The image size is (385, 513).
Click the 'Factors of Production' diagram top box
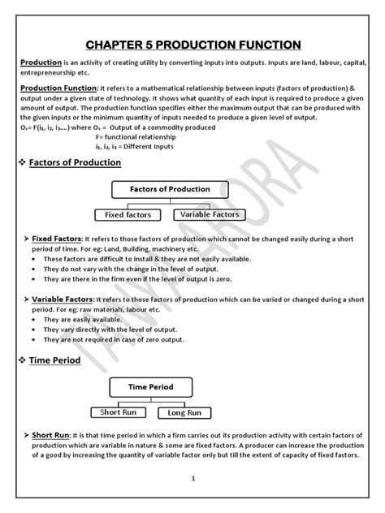click(x=170, y=189)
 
